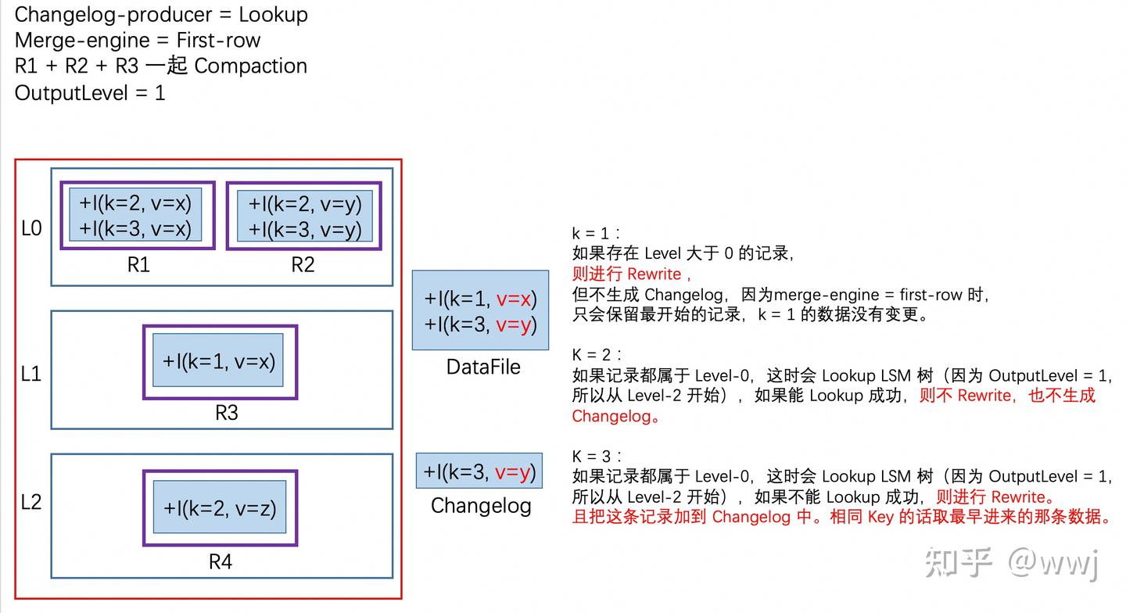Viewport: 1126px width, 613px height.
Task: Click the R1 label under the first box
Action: click(138, 265)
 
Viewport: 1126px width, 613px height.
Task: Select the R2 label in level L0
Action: click(303, 265)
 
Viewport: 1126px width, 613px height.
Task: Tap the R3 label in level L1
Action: click(226, 412)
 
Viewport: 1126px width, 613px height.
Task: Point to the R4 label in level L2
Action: click(220, 561)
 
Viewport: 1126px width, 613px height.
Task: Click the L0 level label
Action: click(31, 228)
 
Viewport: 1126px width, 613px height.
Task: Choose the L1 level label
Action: click(31, 374)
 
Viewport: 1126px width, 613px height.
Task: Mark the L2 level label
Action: click(31, 501)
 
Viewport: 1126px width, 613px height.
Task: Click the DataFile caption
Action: click(483, 367)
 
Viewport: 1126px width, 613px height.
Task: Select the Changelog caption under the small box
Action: click(481, 506)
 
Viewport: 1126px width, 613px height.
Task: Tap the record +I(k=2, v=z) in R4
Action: click(220, 507)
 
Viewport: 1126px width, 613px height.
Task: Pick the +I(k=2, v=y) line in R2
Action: click(305, 204)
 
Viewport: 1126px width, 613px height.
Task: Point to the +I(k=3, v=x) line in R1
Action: click(135, 230)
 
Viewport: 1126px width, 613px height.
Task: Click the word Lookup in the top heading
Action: click(273, 15)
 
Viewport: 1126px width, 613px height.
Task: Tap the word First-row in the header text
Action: click(218, 41)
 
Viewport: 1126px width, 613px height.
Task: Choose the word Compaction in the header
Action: click(250, 66)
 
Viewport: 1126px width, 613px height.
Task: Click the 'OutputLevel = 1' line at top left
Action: click(90, 93)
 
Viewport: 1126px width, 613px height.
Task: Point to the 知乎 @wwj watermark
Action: click(1012, 562)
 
